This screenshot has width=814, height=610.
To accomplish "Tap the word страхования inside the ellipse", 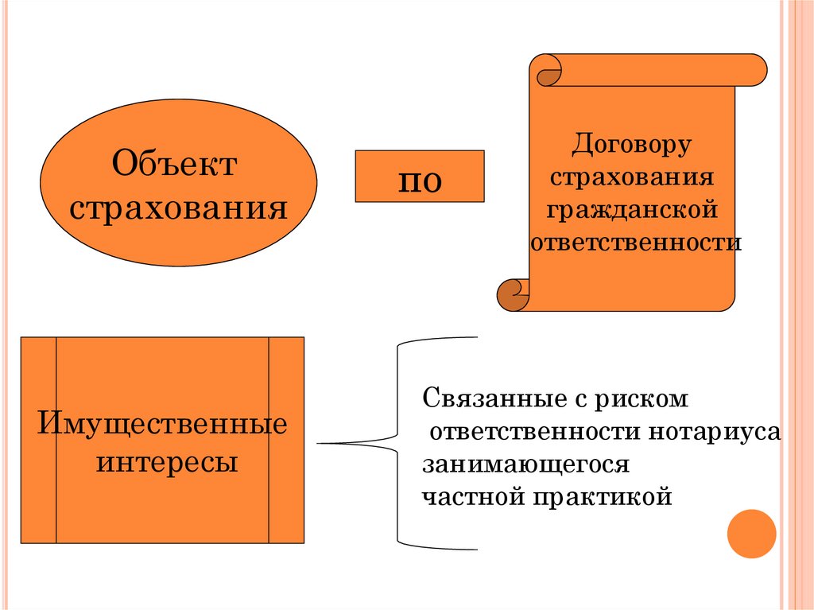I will pos(178,209).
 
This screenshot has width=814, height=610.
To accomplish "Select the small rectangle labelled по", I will pos(419,175).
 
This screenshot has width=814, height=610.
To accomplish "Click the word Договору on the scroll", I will pos(632,146).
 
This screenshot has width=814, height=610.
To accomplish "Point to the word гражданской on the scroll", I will pos(632,211).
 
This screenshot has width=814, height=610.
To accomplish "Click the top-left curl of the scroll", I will pos(548,72).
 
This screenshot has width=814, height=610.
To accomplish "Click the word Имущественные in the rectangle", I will pos(162,422).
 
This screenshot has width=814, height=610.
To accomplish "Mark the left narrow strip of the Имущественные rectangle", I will pos(38,440).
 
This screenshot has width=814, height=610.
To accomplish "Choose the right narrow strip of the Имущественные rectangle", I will pos(286,440).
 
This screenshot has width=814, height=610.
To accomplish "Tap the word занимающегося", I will pos(525,464).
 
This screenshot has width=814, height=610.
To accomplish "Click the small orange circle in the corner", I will pos(751,534).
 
